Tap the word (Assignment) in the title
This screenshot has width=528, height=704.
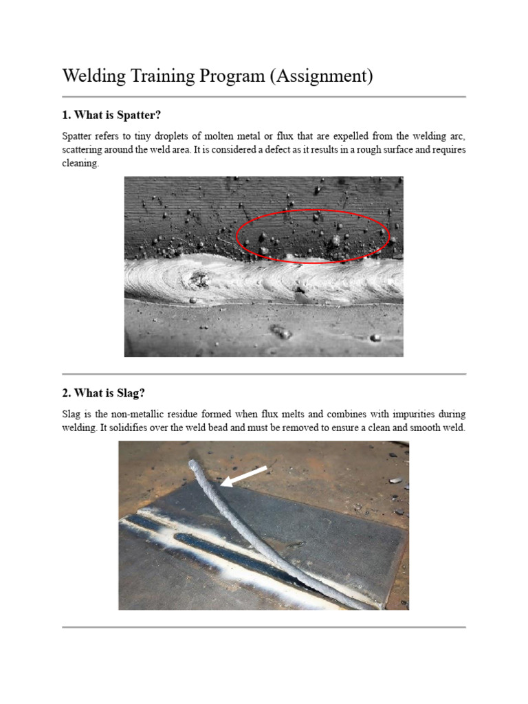pos(322,76)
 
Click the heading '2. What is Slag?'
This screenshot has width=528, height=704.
pos(103,393)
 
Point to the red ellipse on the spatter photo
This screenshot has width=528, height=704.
pos(313,211)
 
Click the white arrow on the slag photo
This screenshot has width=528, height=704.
pos(244,476)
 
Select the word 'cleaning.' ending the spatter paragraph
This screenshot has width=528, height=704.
pos(80,164)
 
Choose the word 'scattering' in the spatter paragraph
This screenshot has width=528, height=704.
pos(84,150)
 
